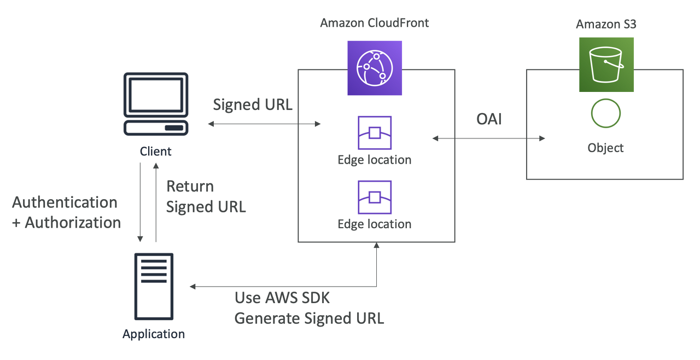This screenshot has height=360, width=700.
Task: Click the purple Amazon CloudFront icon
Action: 375,68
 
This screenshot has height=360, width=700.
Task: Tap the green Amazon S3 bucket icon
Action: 606,65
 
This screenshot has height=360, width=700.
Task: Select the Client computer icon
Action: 156,104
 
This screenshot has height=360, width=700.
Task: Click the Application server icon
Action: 154,287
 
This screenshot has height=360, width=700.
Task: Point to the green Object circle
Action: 606,114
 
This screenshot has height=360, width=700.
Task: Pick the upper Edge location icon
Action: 375,133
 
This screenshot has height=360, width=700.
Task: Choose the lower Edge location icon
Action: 375,197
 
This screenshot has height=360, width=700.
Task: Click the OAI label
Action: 489,119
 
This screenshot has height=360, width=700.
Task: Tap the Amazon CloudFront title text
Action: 375,23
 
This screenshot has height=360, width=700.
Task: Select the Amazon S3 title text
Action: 605,25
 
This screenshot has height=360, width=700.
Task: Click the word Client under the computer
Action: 156,152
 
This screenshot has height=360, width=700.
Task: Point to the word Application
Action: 154,334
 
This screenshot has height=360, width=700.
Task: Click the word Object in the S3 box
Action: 605,148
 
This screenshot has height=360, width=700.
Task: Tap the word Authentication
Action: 65,202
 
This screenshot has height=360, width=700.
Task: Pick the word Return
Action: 190,187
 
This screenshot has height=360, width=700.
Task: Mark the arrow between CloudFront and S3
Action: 489,138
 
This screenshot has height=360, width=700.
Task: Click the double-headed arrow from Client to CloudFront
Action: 265,125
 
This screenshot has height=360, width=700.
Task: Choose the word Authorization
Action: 73,223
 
